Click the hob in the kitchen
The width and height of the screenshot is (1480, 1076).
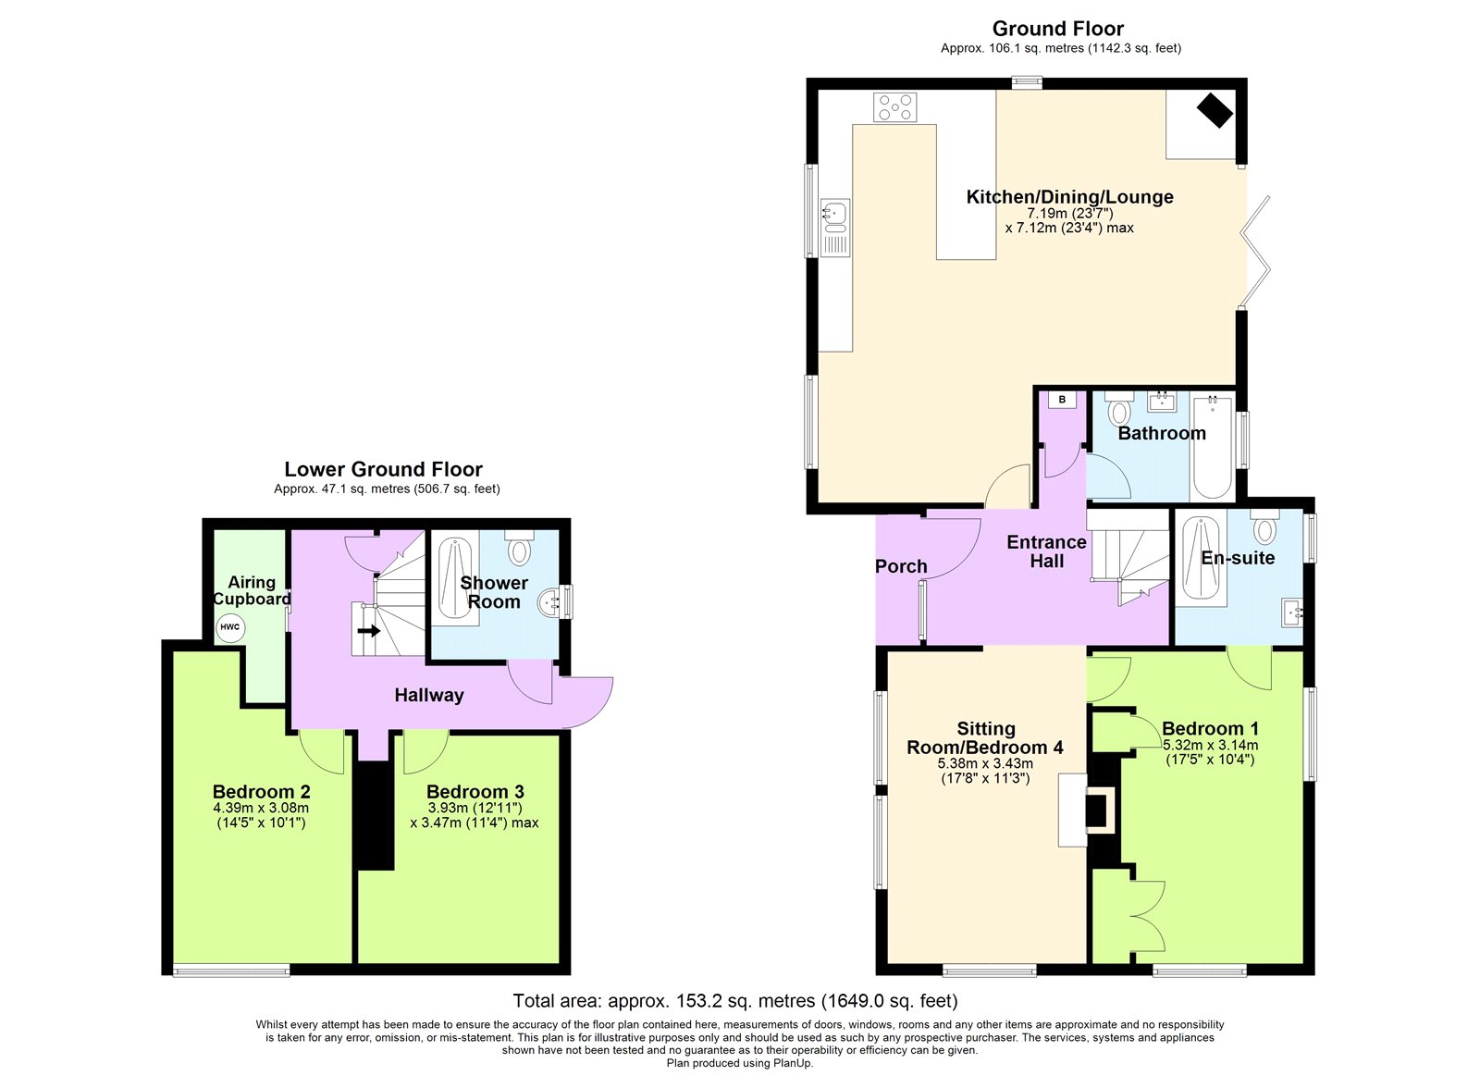coord(894,107)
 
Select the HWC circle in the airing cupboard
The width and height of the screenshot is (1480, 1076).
coord(230,626)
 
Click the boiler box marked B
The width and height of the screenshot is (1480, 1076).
coord(1063,400)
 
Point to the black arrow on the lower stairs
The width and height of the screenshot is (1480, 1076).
coord(369,631)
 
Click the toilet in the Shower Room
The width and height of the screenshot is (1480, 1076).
coord(519,548)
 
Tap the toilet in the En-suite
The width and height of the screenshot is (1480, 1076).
coord(1264,527)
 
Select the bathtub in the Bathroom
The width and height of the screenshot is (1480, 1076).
coord(1213,446)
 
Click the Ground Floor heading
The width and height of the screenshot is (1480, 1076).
coord(1058,29)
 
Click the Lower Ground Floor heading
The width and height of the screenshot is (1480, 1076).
coord(383,469)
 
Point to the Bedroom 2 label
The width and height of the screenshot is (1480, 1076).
coord(261,791)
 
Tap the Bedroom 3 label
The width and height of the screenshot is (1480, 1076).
coord(475,791)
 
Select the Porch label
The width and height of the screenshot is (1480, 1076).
coord(901,566)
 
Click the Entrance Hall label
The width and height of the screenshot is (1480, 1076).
coord(1046,551)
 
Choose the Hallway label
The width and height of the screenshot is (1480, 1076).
coord(429,696)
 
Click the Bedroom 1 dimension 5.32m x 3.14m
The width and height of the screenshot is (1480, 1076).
coord(1211,745)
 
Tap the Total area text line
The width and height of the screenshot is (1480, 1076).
coord(735,1001)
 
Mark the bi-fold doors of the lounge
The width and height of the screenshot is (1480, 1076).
coord(1254,251)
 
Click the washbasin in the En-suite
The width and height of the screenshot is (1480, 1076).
coord(1292,612)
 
